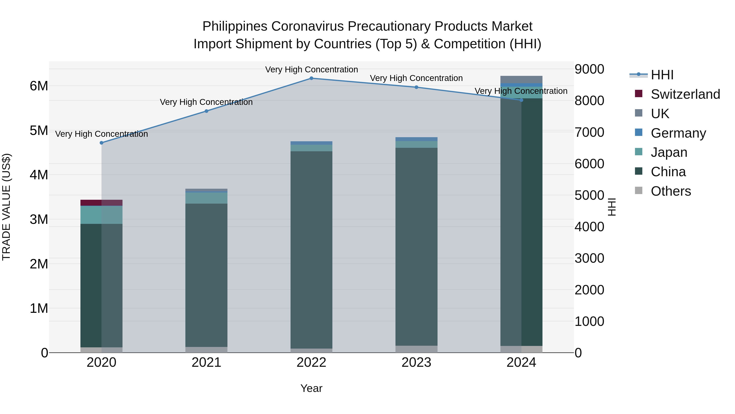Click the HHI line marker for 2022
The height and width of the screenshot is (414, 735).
pos(311,78)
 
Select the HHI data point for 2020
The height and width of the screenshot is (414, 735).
pos(102,143)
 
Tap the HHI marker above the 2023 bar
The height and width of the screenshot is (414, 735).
pos(416,87)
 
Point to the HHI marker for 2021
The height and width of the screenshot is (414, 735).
pos(206,111)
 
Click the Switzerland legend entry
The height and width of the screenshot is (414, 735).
pos(685,94)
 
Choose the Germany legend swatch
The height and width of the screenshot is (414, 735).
pos(639,132)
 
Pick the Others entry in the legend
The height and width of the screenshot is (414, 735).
pos(670,191)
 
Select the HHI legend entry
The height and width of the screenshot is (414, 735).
pos(662,75)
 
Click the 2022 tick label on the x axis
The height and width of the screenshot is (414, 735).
pos(311,362)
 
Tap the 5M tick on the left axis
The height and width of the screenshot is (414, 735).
pos(39,131)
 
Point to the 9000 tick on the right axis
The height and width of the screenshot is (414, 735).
pos(589,69)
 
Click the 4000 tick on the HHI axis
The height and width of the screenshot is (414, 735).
pos(589,227)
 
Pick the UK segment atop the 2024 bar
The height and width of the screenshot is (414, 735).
pos(521,80)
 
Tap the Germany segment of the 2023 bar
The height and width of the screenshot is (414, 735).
pos(416,139)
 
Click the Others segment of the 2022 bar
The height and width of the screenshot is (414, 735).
pos(311,351)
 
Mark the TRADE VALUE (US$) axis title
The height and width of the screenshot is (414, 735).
pos(6,207)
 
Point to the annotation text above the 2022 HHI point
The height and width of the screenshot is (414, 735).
pos(311,70)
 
